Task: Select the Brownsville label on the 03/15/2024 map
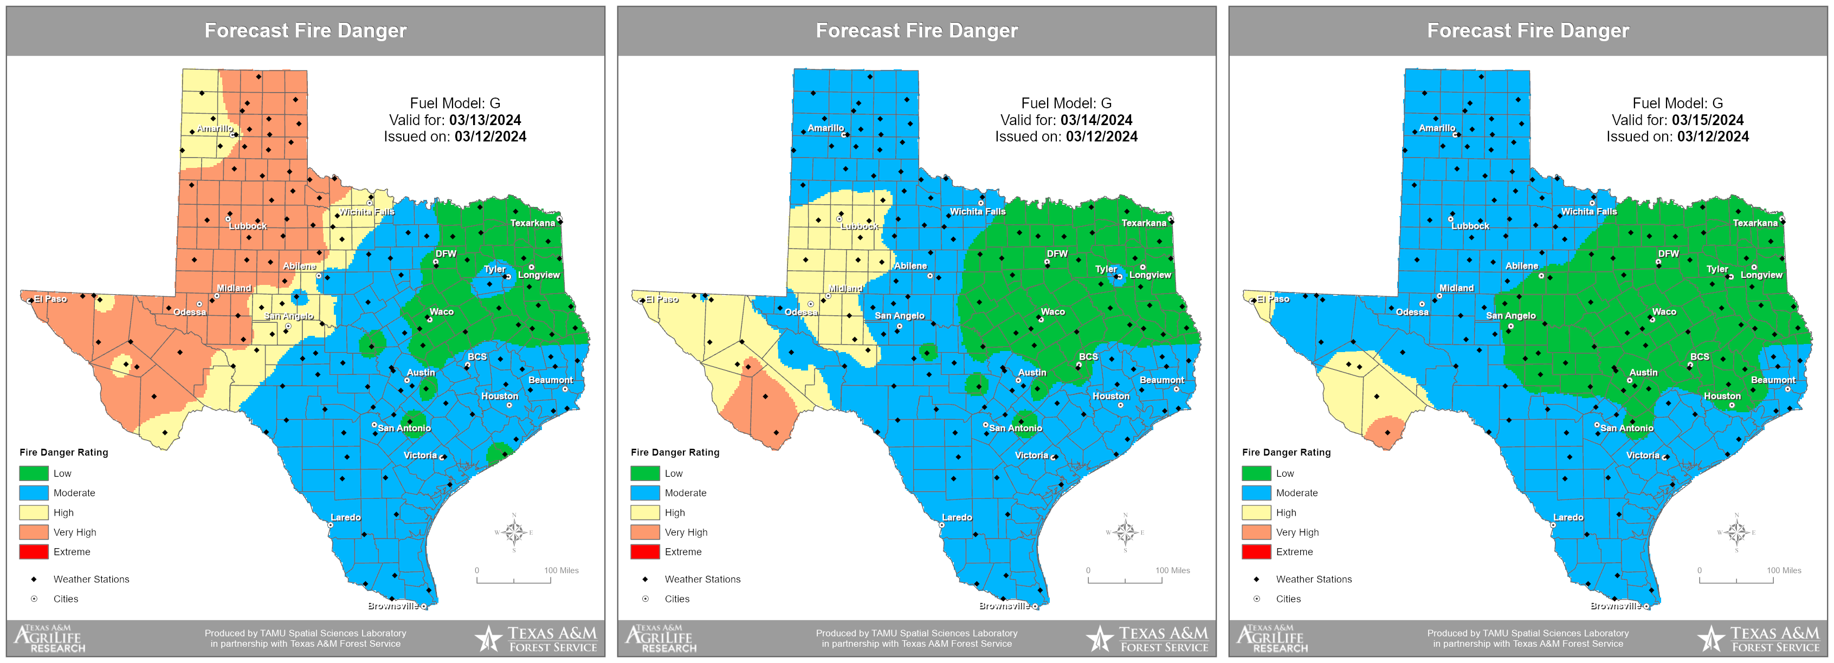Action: coord(1616,606)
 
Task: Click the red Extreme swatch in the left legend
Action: coord(34,551)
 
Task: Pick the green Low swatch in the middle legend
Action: coord(645,473)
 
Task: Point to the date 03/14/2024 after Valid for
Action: coord(1096,120)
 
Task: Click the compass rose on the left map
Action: coord(513,532)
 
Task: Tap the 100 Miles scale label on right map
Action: coord(1784,570)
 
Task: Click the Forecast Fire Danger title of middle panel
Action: coord(916,30)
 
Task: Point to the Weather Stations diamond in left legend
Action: coord(34,579)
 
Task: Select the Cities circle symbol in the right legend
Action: coord(1257,599)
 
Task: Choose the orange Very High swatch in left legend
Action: coord(34,532)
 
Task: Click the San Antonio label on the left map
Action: coord(404,428)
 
